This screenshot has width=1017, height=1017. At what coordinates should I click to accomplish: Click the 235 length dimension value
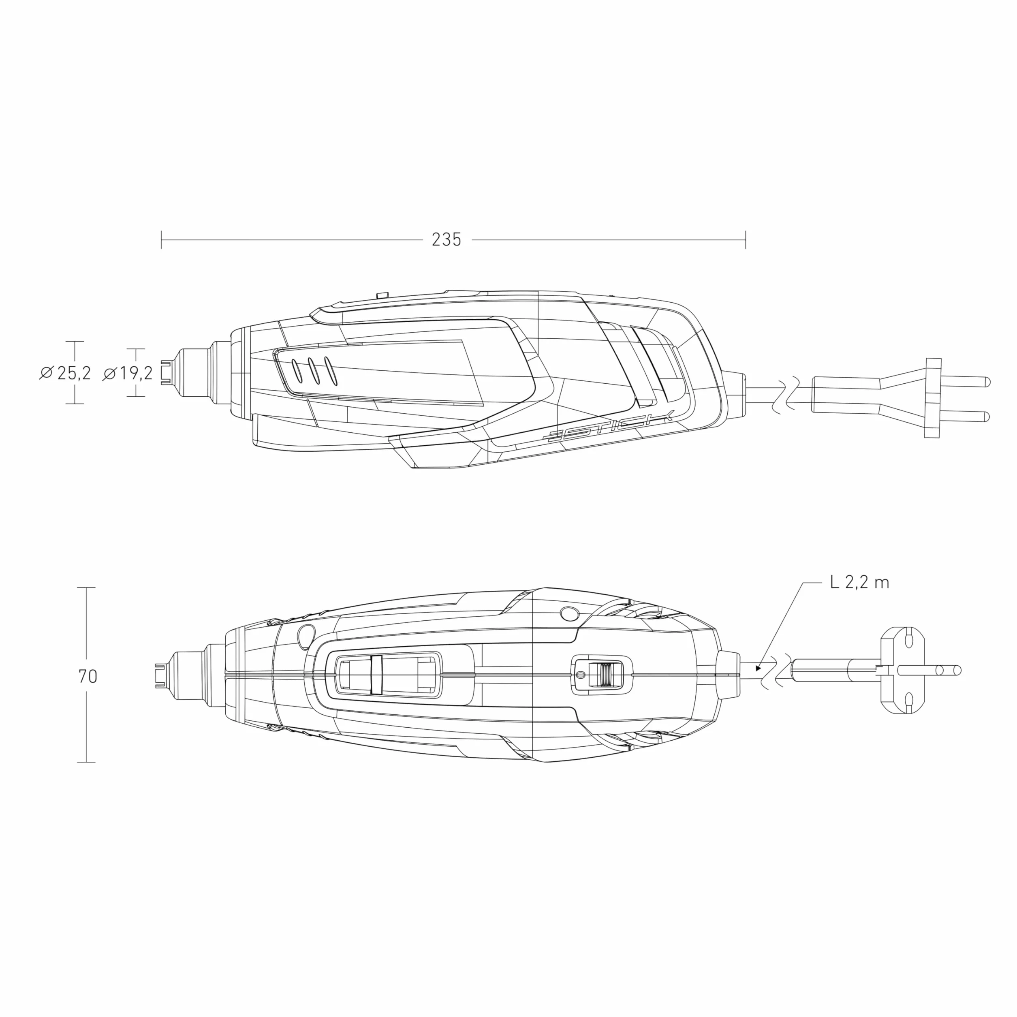click(x=447, y=240)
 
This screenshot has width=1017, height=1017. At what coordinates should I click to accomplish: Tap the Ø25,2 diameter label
click(x=65, y=373)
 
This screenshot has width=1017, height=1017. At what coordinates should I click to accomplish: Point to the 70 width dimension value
click(x=88, y=676)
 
